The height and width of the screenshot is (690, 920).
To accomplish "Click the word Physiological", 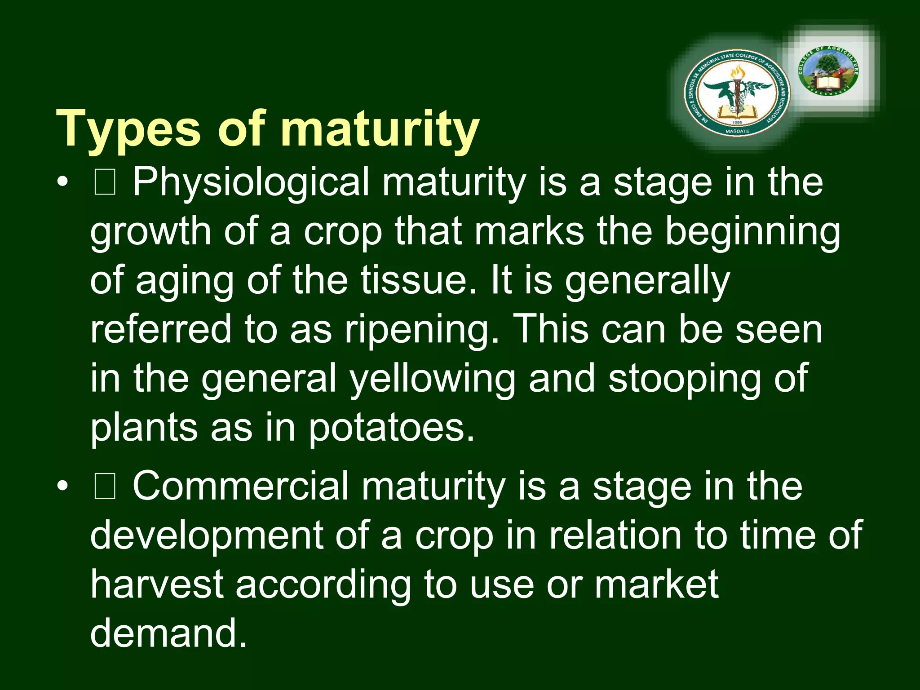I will coord(251,182).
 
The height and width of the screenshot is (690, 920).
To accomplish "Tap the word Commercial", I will coord(240,487).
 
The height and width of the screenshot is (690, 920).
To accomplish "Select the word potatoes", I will coord(391,428).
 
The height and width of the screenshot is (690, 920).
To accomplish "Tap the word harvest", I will coord(157,584).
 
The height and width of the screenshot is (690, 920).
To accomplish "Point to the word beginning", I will coord(752,232).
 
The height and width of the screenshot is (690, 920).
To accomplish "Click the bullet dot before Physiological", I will coord(63,182).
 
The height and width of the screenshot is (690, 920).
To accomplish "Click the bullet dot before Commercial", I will coord(63,487).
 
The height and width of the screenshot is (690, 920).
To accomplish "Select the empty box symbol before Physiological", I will coord(105,183).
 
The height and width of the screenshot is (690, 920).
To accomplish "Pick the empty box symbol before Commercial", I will coord(105,487).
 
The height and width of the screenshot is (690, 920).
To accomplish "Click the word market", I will coord(656,584).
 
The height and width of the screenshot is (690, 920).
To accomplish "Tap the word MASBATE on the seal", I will coord(737,131).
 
